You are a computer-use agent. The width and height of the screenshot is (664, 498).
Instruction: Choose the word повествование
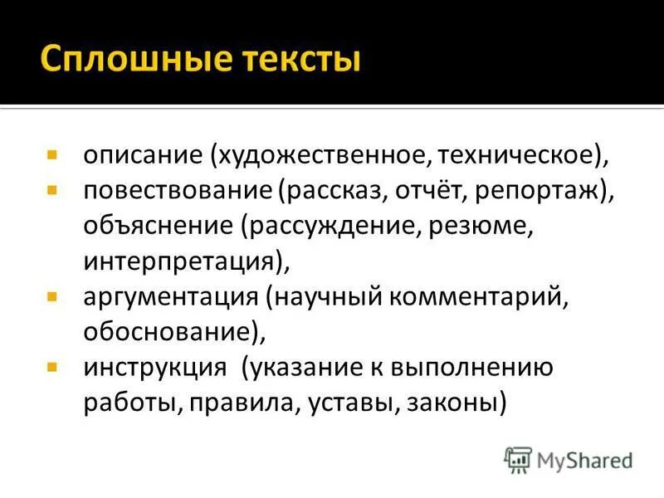point(177,191)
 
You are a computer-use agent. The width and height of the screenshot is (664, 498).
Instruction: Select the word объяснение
point(159,226)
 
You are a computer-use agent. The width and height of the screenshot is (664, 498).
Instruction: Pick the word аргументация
point(169,296)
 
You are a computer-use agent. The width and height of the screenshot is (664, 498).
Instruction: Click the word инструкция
point(154,367)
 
